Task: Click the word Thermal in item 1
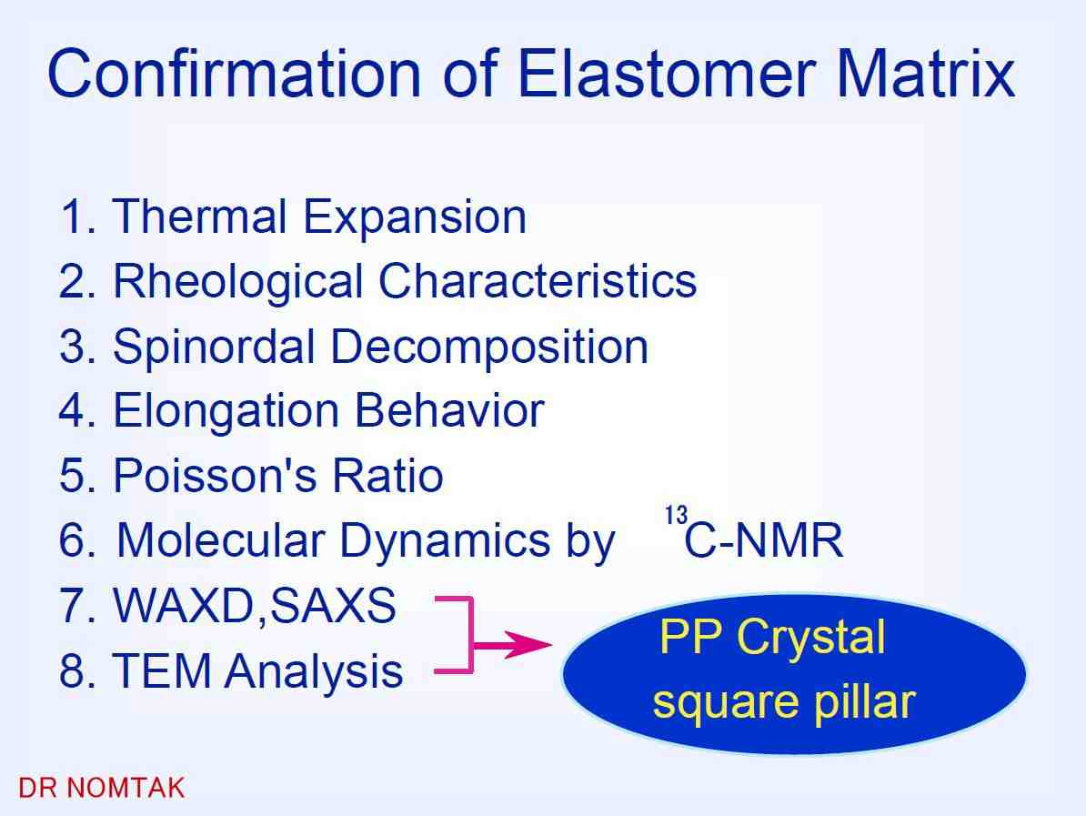point(199,217)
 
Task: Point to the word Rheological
point(237,281)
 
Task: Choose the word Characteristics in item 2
point(538,281)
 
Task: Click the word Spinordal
point(214,347)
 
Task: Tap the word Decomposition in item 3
point(489,347)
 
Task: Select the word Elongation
point(226,411)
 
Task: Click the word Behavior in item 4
point(449,410)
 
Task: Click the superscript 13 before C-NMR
point(676,516)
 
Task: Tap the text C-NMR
point(764,540)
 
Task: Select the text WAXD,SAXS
point(254,606)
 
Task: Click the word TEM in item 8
point(162,670)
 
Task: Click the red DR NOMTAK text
point(101,789)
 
